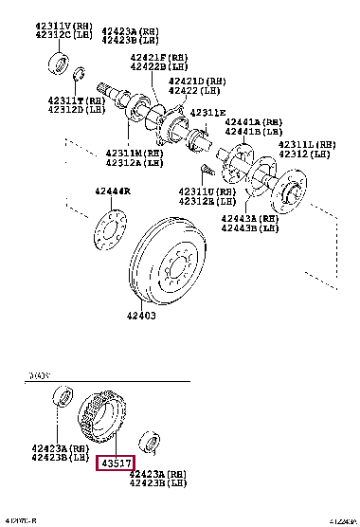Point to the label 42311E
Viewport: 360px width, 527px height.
click(x=207, y=113)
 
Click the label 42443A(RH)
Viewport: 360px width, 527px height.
click(x=249, y=218)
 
